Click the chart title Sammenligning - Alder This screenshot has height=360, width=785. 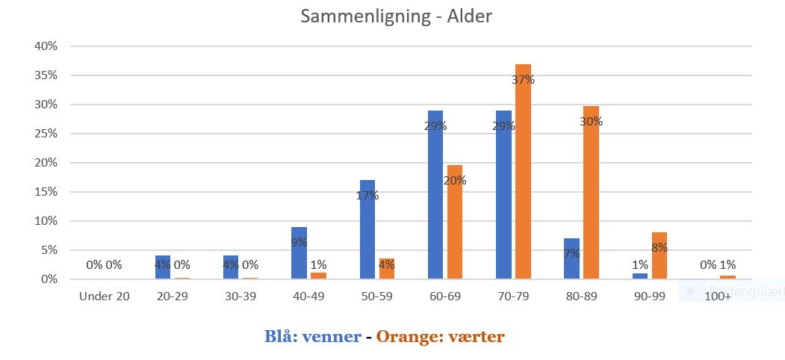click(396, 16)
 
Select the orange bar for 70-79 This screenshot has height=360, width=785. click(523, 172)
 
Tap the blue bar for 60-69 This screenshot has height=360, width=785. click(435, 195)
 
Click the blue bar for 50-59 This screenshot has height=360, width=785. click(367, 229)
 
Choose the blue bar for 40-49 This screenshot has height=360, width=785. click(300, 253)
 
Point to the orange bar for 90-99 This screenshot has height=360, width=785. click(659, 255)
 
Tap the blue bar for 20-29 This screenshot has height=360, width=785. click(163, 267)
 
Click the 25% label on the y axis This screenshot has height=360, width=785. click(46, 134)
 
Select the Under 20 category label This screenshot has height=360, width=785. click(105, 297)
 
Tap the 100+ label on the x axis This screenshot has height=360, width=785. click(719, 297)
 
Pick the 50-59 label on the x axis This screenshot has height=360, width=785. click(376, 297)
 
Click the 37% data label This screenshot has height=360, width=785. click(524, 80)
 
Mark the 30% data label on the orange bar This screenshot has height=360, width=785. click(591, 121)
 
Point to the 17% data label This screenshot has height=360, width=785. click(367, 196)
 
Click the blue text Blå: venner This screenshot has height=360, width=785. click(312, 336)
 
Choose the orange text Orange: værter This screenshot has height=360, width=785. click(441, 336)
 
